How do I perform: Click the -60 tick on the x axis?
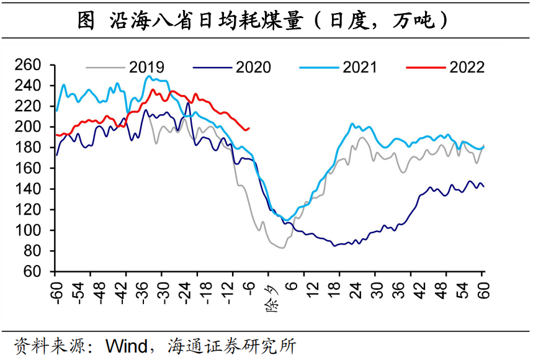coord(55,290)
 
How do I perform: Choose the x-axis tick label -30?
coord(163,290)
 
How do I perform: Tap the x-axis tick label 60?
coord(483,287)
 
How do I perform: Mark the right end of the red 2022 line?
coord(249,128)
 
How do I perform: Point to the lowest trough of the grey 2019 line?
coord(282,248)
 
